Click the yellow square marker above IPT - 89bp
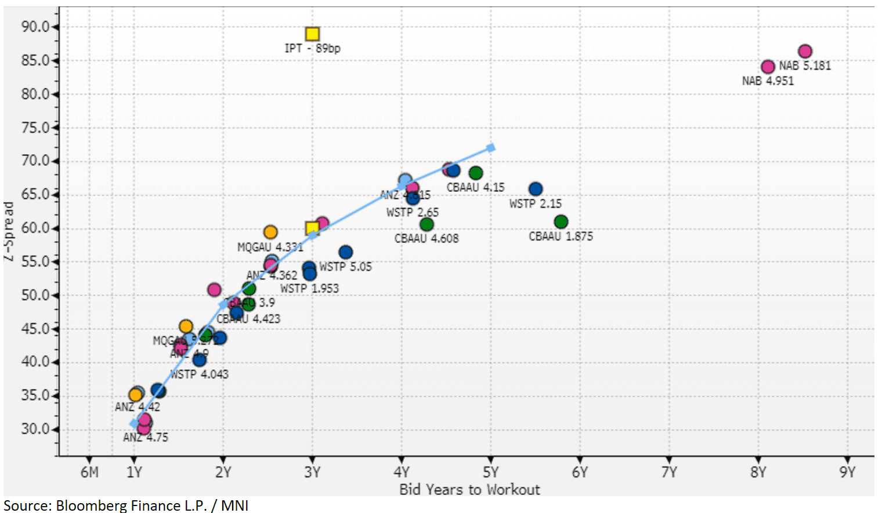312,34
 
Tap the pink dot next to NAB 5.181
805,52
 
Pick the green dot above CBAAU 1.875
561,222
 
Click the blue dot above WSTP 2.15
536,189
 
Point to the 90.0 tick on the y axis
35,27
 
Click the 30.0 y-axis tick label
35,429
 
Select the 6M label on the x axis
89,472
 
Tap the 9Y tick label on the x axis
847,472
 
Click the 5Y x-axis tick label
490,472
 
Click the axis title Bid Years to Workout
469,490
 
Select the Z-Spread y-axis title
9,231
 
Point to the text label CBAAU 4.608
427,238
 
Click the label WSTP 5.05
345,267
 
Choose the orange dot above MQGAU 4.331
270,232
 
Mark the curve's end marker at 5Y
491,148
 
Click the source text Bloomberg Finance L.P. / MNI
126,505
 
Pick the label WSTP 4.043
199,374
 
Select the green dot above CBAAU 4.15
476,173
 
